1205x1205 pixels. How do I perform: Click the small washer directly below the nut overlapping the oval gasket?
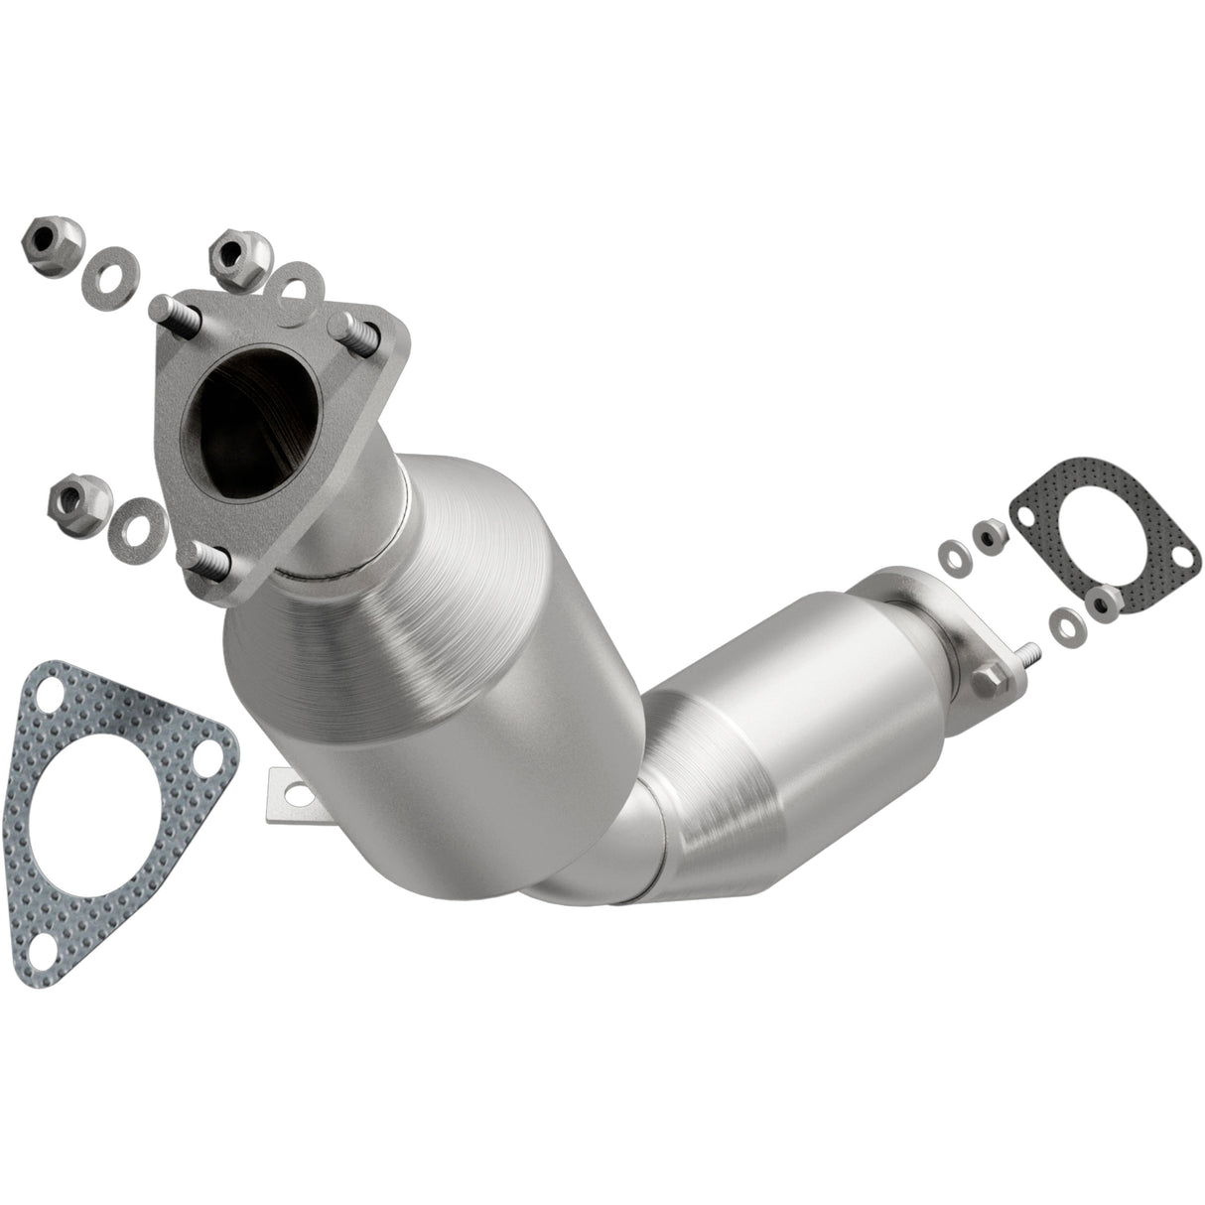click(x=1066, y=627)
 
